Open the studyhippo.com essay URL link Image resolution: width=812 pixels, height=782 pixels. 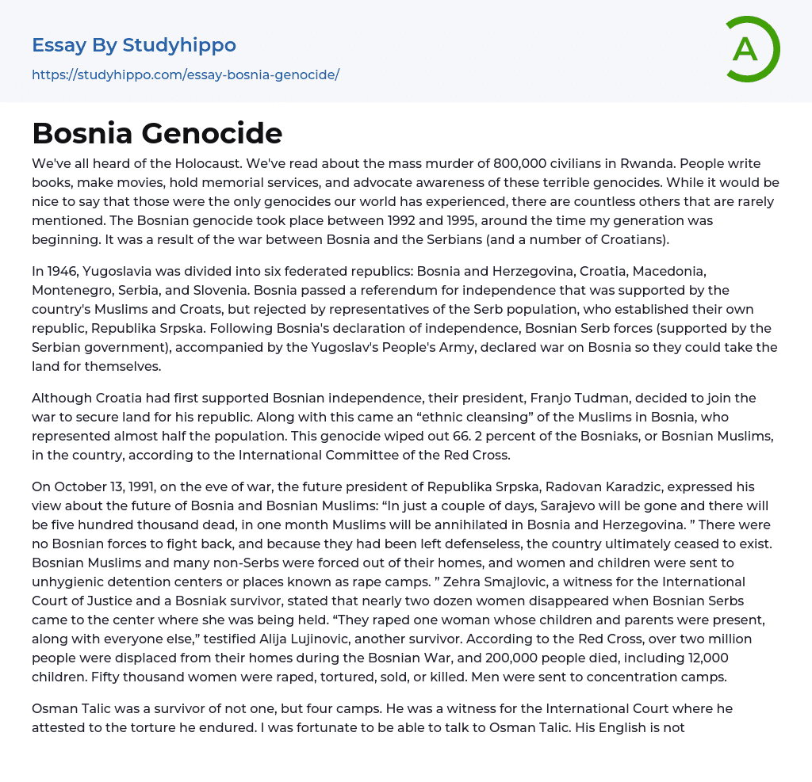pyautogui.click(x=186, y=74)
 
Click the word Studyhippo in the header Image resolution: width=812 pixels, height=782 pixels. pyautogui.click(x=179, y=45)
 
